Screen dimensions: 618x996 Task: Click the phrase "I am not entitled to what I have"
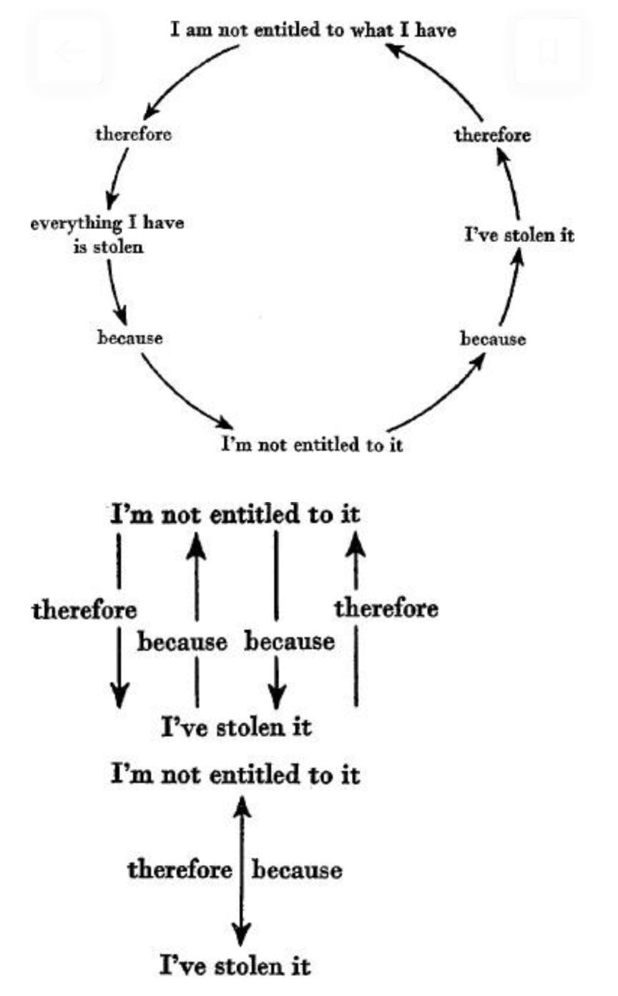313,31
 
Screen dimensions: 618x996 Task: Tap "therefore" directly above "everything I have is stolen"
134,134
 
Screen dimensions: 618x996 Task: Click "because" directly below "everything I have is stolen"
130,337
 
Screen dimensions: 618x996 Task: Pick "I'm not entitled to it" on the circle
311,445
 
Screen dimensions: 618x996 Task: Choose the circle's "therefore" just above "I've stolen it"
493,135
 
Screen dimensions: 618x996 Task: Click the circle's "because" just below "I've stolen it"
493,338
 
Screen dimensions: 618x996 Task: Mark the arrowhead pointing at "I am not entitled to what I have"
392,49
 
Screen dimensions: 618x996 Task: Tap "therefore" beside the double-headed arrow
180,870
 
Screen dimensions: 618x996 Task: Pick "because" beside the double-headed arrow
297,871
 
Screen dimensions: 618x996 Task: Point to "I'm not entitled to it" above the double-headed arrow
235,775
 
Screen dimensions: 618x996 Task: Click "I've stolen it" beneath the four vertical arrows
235,728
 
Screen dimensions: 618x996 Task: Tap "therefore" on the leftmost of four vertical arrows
84,611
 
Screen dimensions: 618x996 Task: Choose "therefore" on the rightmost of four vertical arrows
386,609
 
